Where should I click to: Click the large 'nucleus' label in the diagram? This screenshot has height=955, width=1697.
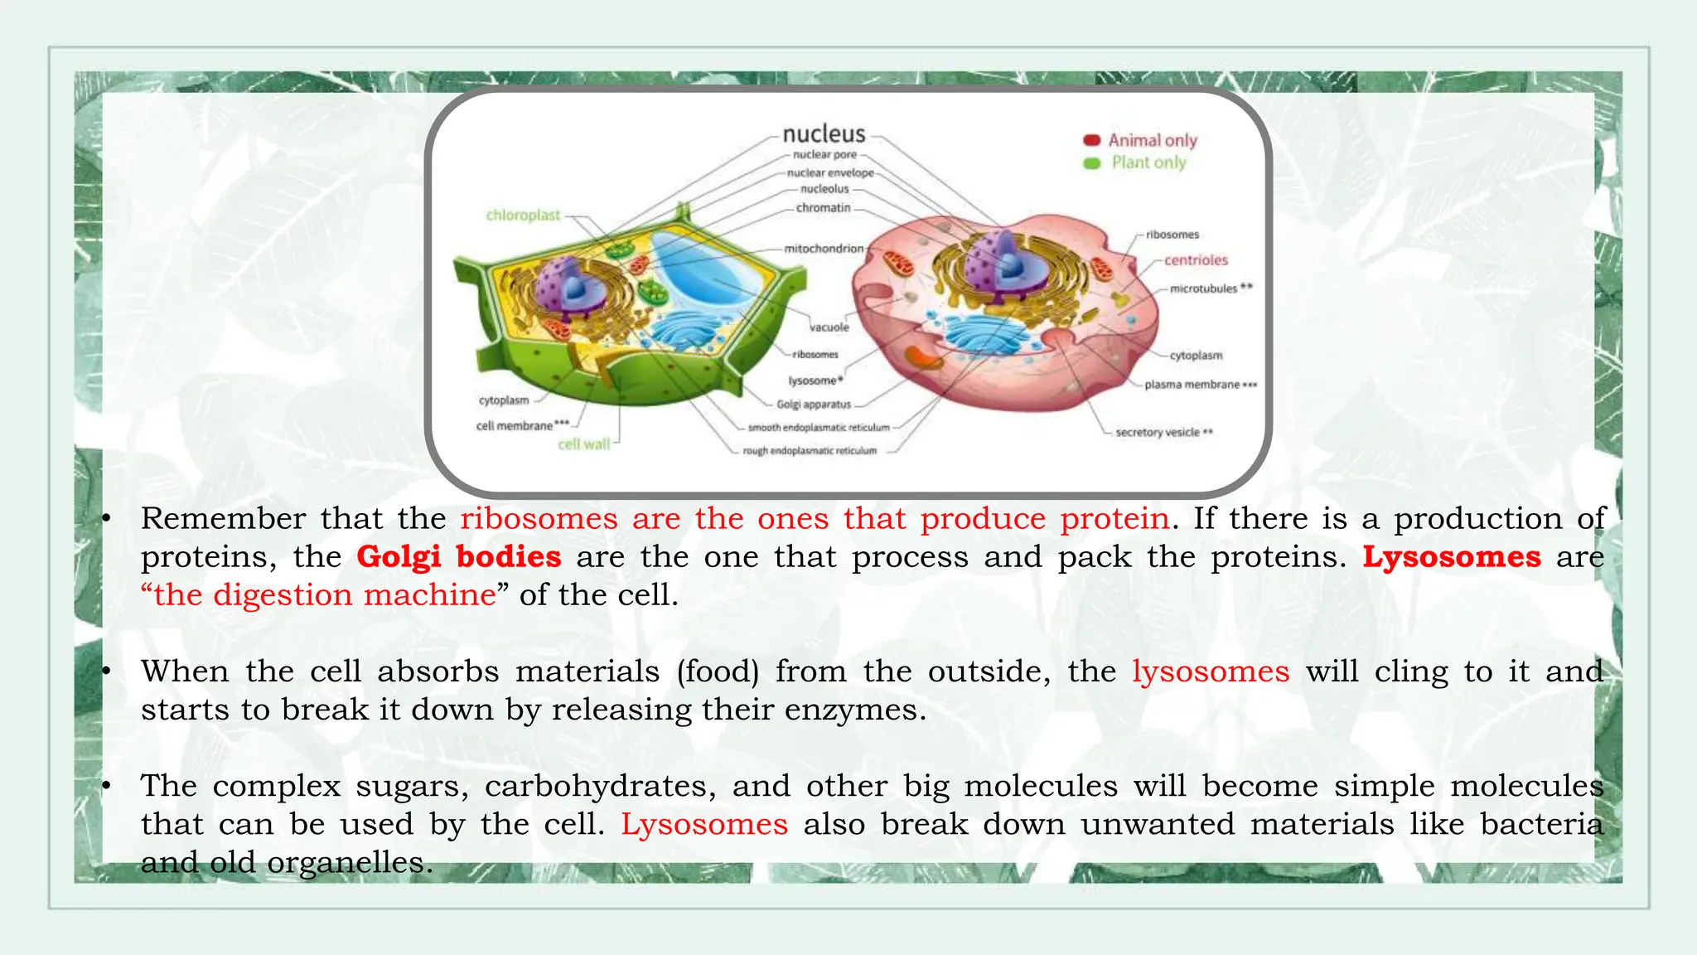click(824, 134)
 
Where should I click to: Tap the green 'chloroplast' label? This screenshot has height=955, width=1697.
click(523, 216)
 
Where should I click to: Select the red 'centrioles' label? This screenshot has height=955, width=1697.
click(1196, 260)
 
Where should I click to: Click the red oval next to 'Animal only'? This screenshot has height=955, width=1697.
click(1092, 140)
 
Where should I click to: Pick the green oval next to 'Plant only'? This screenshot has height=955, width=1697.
click(1092, 163)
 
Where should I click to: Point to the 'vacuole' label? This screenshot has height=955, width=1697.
click(829, 327)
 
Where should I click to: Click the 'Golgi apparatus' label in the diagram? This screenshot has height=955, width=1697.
click(814, 405)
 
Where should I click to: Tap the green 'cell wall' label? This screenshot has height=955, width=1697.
click(584, 444)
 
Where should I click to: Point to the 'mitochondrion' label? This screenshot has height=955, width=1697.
click(824, 249)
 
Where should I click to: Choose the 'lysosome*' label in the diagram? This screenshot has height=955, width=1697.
click(815, 381)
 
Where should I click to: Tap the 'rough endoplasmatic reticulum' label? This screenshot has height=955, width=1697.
click(810, 451)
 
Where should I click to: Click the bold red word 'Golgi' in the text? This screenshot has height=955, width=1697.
click(399, 556)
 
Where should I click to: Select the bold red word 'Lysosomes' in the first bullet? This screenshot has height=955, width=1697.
click(1452, 556)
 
